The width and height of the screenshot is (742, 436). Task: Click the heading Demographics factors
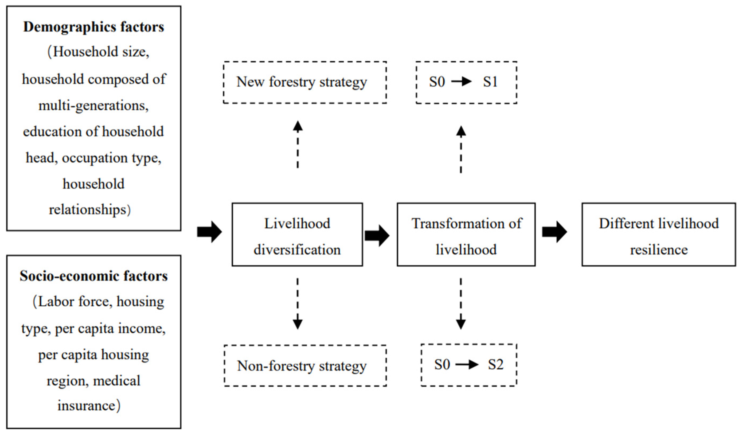point(94,27)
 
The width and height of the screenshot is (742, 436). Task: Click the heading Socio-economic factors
point(94,276)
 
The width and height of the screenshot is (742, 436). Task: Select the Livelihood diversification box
point(297,235)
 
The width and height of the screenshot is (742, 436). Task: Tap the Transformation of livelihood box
point(466,235)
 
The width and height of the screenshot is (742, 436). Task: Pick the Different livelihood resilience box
point(659,235)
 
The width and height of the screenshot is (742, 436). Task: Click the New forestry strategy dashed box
point(305,82)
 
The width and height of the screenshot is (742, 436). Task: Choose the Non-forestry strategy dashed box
point(305,365)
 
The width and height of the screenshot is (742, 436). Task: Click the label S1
point(490,82)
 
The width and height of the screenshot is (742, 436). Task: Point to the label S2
point(495,365)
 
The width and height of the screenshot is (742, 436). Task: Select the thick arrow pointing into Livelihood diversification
point(209,232)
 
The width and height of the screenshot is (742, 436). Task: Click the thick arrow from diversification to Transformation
point(377,235)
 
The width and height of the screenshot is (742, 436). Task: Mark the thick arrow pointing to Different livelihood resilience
point(554,232)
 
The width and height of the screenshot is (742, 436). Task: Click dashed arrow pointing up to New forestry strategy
point(298,144)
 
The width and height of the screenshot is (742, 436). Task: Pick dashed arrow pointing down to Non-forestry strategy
point(298,303)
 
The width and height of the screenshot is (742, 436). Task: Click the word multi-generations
point(94,106)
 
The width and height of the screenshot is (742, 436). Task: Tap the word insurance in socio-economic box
point(86,406)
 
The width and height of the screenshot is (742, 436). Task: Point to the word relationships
point(87,210)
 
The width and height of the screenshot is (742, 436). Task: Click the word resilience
point(659,250)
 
